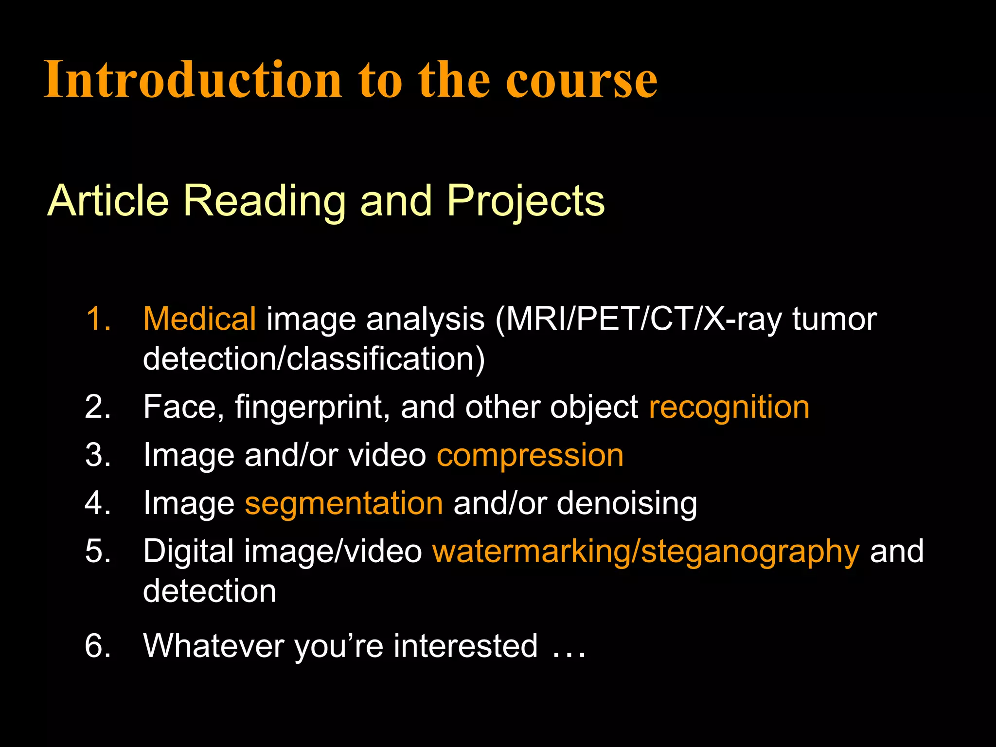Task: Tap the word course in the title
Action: coord(581,80)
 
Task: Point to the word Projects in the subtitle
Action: coord(525,201)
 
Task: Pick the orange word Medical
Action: coord(199,319)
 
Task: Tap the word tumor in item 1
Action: coord(835,320)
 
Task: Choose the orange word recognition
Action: coord(729,408)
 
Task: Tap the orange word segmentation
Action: coord(344,504)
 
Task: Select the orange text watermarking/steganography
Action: coord(646,552)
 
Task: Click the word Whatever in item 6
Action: coord(213,646)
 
